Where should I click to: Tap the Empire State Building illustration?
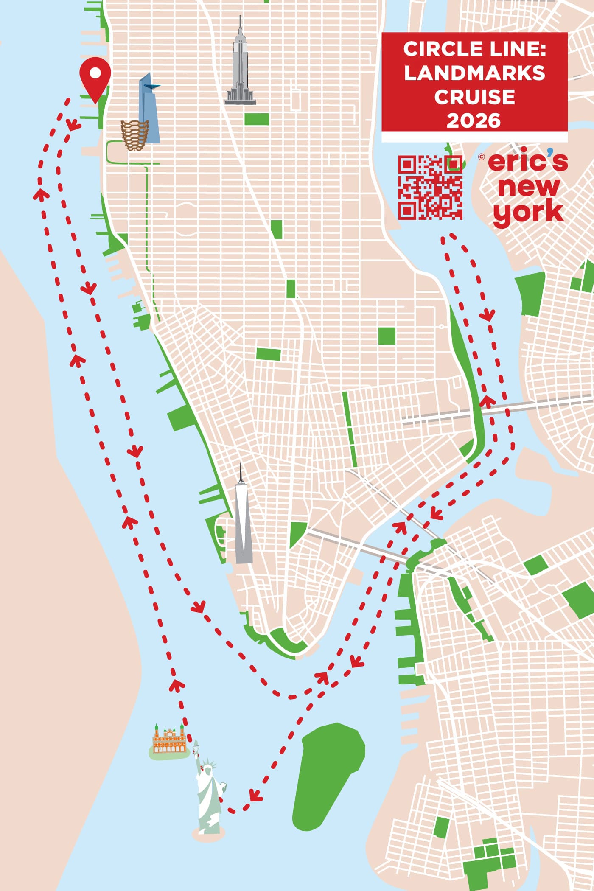(240, 72)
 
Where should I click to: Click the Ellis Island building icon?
(169, 740)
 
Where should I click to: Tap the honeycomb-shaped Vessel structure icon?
(134, 135)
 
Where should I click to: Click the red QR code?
(430, 187)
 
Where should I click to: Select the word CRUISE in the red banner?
(474, 97)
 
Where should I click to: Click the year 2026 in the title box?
(474, 121)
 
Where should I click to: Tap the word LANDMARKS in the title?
(474, 73)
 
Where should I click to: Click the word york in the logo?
(528, 212)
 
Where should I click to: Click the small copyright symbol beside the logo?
(481, 157)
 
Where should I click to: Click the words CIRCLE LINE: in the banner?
(474, 49)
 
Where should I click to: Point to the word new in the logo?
(529, 187)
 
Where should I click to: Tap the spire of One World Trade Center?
(241, 471)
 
